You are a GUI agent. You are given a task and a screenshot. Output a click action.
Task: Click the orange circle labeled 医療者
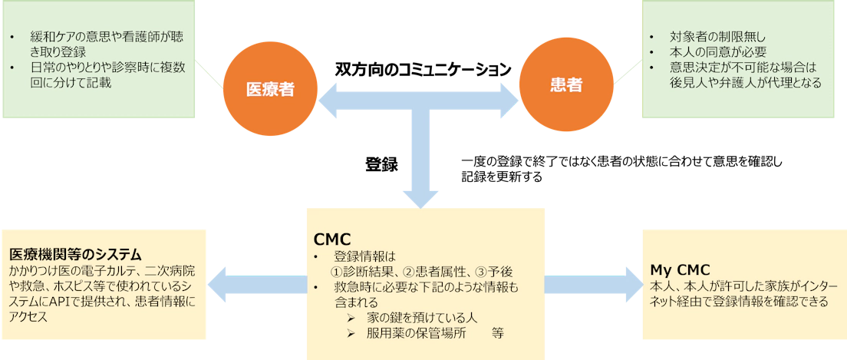point(270,88)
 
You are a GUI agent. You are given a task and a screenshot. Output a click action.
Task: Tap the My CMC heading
point(679,269)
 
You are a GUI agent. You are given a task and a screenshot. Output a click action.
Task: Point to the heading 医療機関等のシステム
point(77,254)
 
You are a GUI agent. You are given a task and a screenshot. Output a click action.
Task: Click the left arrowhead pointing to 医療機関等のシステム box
point(222,284)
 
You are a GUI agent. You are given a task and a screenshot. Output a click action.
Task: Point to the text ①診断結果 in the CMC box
point(361,272)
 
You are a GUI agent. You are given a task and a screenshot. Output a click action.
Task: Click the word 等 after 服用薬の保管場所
point(498,334)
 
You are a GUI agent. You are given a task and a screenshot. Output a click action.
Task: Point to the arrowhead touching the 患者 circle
point(510,100)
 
